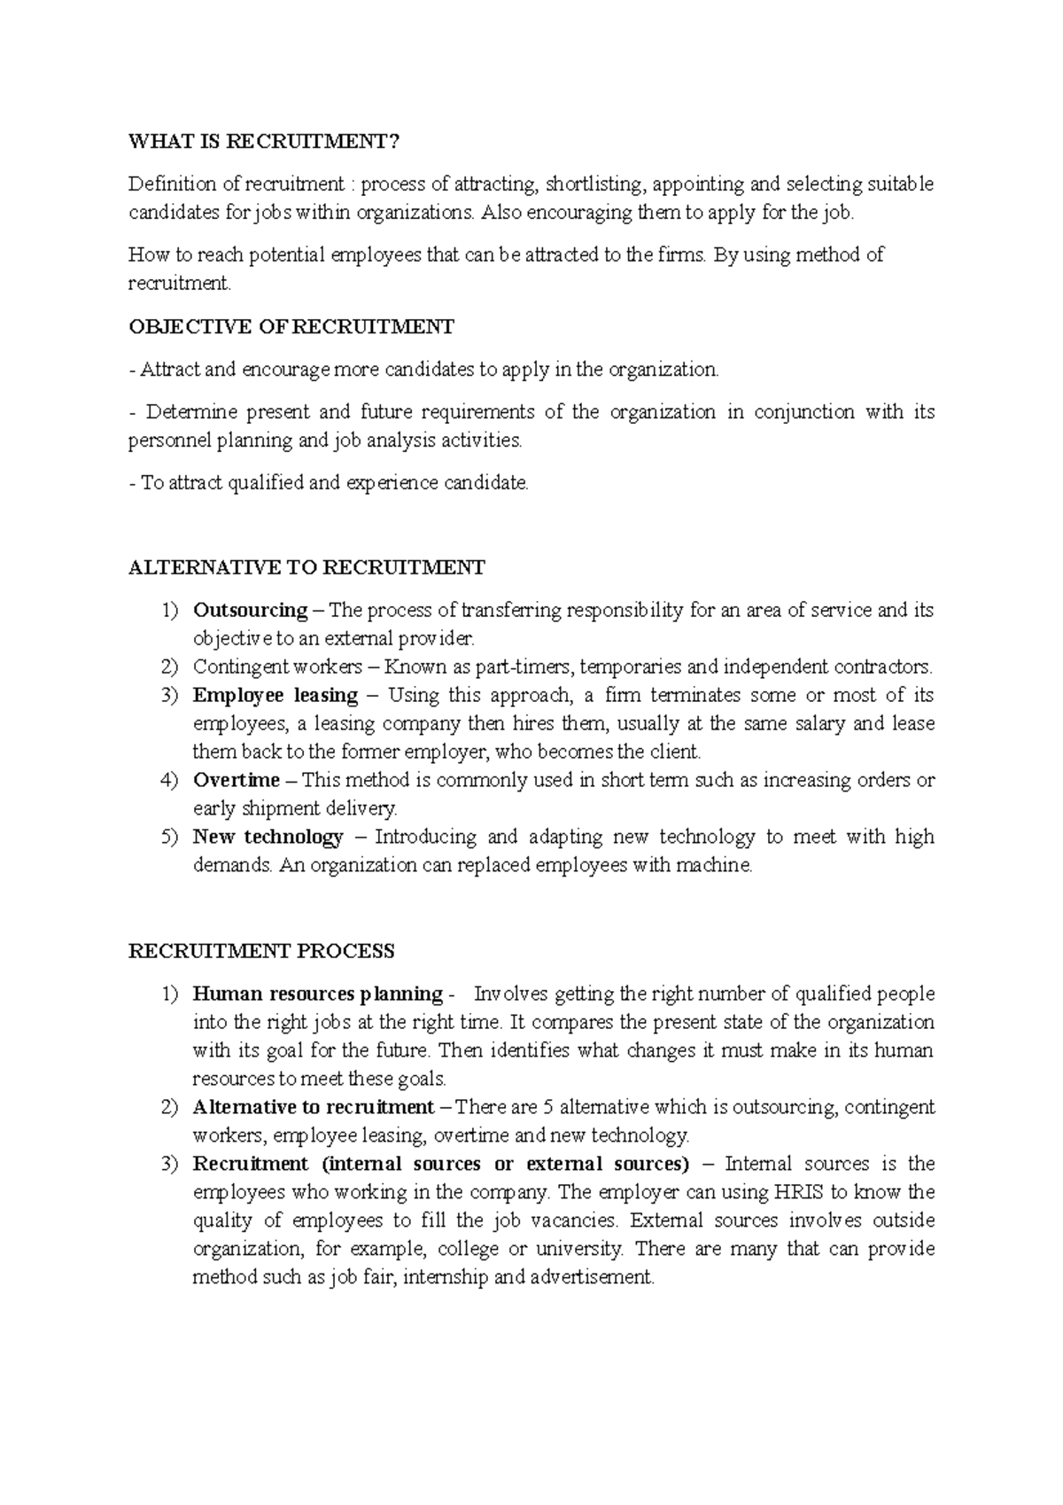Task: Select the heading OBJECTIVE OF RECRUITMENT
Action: pos(291,327)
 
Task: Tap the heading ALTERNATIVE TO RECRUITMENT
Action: pos(306,567)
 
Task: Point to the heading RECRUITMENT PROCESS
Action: pos(261,951)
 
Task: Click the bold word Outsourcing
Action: pos(250,610)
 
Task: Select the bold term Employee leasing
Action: pos(275,695)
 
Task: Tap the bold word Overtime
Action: pos(236,780)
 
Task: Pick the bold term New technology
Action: pos(268,837)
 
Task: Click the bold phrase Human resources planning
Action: pos(317,994)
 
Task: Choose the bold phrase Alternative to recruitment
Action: pos(314,1107)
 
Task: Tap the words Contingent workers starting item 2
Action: pos(277,667)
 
